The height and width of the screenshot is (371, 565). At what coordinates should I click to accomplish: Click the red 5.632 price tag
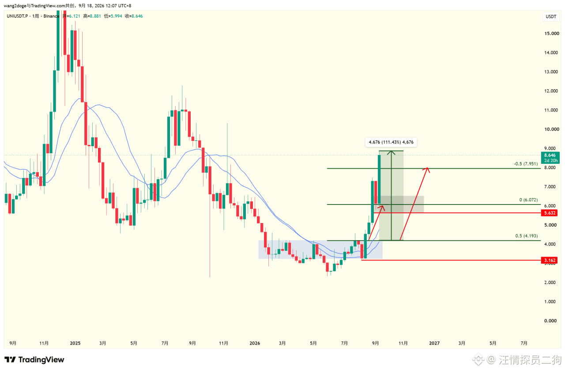coord(549,213)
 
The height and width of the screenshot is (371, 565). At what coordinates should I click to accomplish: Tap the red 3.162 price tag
coord(549,260)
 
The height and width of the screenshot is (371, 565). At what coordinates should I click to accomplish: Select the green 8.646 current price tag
coord(550,158)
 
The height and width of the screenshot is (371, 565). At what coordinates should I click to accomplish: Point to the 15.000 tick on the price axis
coord(552,33)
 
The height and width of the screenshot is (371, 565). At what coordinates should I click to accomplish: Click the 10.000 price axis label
coord(552,129)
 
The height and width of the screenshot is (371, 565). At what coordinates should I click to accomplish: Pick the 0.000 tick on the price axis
coord(550,321)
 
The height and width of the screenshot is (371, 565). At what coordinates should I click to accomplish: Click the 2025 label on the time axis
coord(75,343)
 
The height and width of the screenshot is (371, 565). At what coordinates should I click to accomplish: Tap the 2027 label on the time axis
coord(434,343)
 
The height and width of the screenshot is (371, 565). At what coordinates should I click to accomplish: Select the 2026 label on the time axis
coord(255,343)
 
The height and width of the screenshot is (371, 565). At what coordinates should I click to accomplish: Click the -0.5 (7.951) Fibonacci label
coord(526,164)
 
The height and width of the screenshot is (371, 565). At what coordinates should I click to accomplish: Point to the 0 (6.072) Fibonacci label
coord(528,200)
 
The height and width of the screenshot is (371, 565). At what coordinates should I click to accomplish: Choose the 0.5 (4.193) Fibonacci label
coord(527,236)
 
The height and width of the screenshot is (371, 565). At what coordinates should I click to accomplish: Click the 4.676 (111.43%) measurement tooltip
coord(391,142)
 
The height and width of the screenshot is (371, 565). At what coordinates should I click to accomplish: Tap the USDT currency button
coord(551,17)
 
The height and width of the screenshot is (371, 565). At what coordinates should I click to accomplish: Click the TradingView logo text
coord(41,360)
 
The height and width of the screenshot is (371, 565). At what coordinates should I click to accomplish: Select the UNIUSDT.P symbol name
coord(17,16)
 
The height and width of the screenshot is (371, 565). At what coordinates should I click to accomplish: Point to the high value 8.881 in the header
coord(95,16)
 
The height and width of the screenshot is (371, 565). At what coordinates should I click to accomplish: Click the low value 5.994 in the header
coord(117,16)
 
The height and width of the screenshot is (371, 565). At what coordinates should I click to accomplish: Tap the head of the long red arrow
coord(427,170)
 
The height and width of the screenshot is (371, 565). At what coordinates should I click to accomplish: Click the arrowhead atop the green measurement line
coord(391,152)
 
